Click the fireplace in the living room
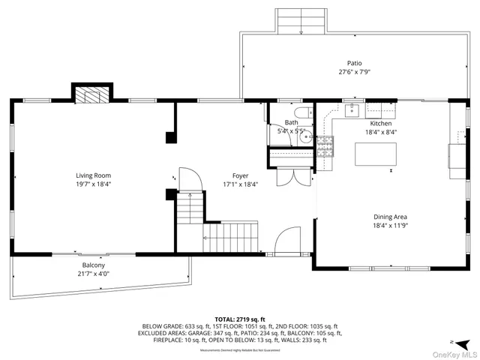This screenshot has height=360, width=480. coord(92,94)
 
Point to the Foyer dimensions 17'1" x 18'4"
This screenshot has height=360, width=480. coord(240,184)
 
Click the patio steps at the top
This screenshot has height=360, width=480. coord(301,20)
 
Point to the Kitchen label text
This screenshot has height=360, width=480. coord(380,123)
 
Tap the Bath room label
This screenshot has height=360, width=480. coord(291,122)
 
